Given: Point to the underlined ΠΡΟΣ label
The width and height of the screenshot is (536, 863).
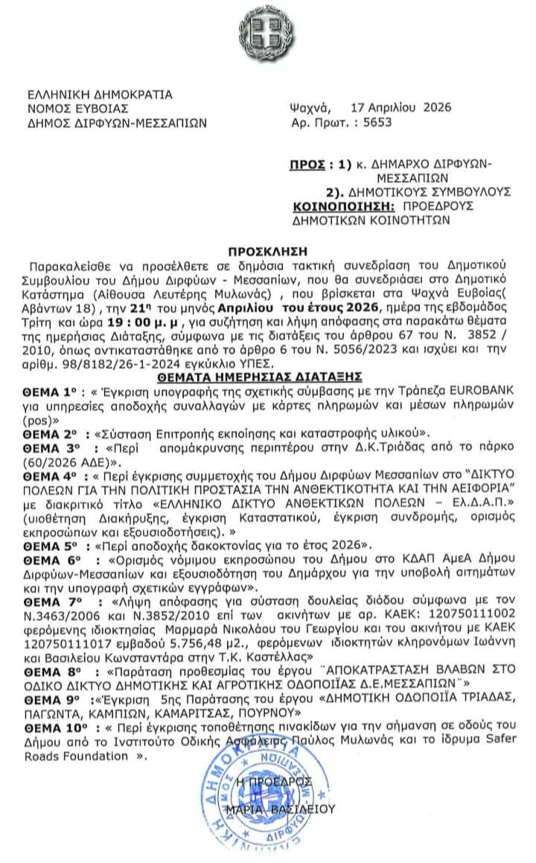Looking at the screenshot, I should [x=305, y=163].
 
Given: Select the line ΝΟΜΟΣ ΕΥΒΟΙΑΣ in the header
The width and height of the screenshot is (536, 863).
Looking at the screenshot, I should [x=73, y=109].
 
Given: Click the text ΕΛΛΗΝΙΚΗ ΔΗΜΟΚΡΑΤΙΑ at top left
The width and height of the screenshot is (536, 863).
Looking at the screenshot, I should [x=99, y=95].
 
